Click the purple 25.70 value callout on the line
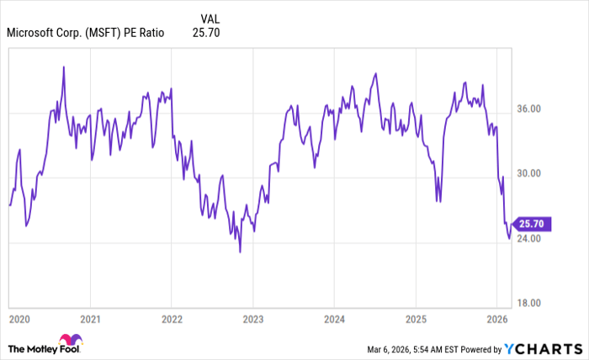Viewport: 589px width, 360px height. click(x=532, y=224)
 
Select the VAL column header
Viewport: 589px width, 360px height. click(x=211, y=18)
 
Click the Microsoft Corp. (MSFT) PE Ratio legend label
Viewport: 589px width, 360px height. click(x=86, y=34)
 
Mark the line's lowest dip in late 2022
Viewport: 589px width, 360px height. click(x=240, y=251)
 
